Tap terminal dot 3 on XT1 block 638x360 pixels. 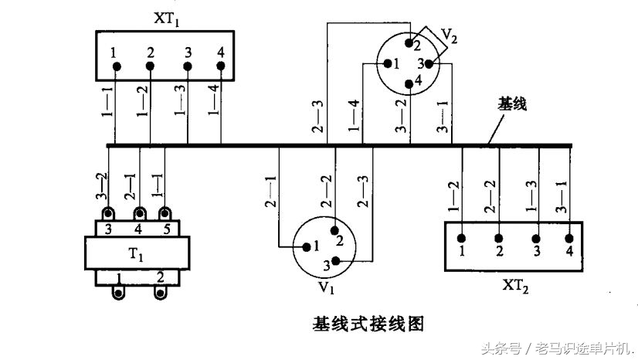tap(187, 67)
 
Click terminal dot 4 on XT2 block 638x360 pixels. tap(569, 238)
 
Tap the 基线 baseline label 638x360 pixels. tap(511, 104)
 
